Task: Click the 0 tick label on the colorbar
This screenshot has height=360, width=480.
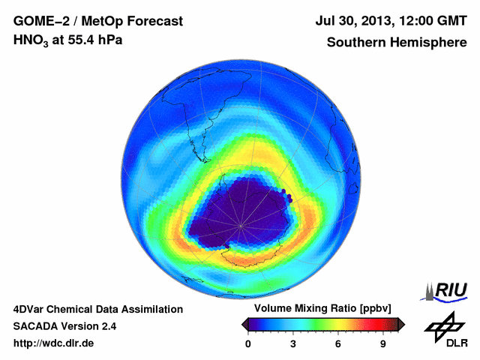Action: pyautogui.click(x=248, y=343)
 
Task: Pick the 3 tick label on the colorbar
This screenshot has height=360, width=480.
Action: pyautogui.click(x=292, y=343)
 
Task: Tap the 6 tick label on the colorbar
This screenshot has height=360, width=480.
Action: pyautogui.click(x=337, y=343)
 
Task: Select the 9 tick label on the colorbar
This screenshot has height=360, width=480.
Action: pyautogui.click(x=382, y=343)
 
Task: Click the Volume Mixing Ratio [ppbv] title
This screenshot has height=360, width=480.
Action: pyautogui.click(x=319, y=309)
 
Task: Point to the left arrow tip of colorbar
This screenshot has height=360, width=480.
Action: pyautogui.click(x=242, y=324)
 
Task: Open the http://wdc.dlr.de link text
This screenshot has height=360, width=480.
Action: pyautogui.click(x=54, y=344)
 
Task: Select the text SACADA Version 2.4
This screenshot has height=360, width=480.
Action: pyautogui.click(x=64, y=326)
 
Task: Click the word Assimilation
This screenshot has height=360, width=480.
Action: pyautogui.click(x=151, y=309)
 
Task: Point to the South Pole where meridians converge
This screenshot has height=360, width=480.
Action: pyautogui.click(x=241, y=225)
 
